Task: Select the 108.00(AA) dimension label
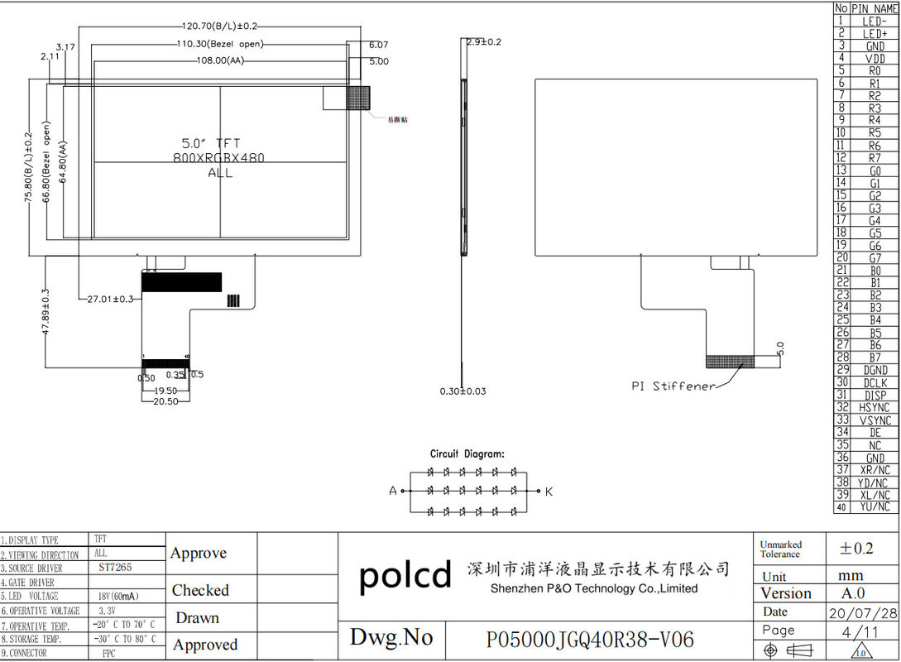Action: click(x=219, y=60)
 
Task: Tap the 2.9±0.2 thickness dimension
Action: click(x=484, y=41)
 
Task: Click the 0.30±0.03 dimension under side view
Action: click(x=463, y=391)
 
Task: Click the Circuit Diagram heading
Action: click(x=467, y=453)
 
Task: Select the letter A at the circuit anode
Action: click(x=393, y=491)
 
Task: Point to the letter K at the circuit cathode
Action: click(x=549, y=492)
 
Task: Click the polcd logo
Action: click(x=405, y=574)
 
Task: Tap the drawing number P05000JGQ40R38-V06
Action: click(x=590, y=640)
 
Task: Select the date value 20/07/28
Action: click(x=863, y=612)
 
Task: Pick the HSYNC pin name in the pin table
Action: click(x=875, y=408)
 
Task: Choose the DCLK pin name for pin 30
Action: click(x=875, y=383)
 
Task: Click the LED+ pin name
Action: click(x=875, y=34)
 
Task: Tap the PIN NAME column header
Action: click(x=875, y=7)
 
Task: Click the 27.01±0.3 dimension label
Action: click(x=110, y=299)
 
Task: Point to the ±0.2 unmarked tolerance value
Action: click(x=856, y=548)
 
